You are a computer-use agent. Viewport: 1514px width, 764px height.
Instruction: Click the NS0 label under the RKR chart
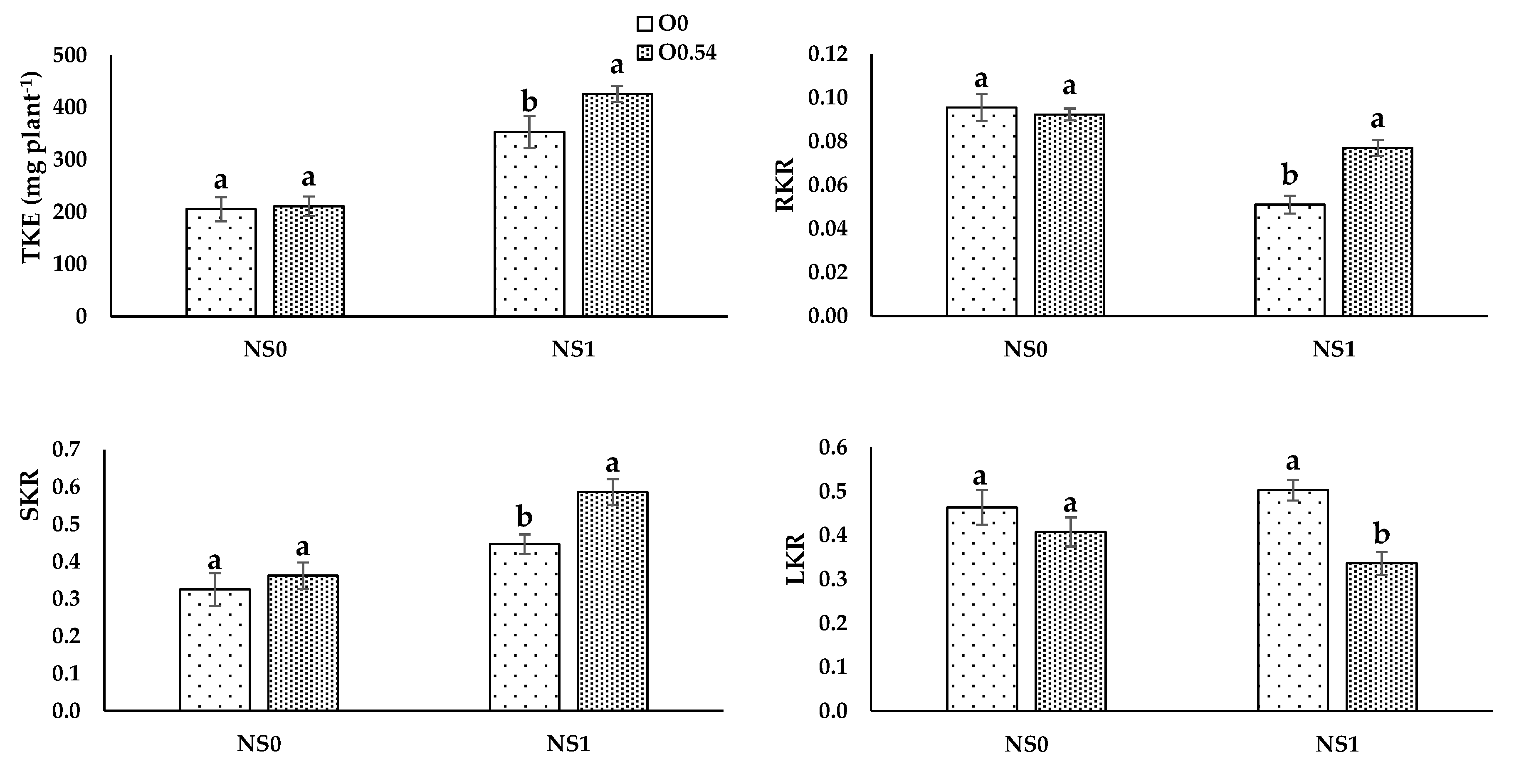[1025, 350]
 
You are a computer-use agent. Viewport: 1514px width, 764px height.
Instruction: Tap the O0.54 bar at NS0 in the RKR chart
[1069, 215]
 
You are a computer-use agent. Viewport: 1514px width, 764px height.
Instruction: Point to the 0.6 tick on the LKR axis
[833, 448]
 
